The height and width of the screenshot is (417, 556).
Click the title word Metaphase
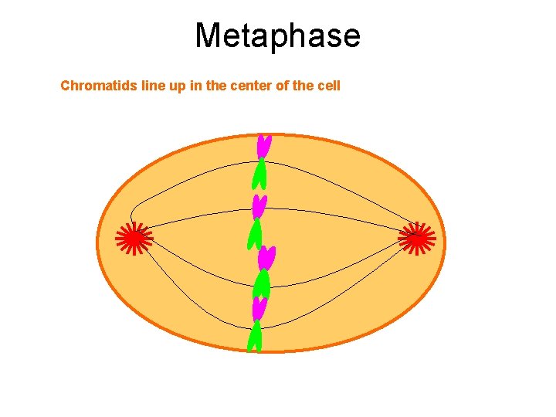[277, 36]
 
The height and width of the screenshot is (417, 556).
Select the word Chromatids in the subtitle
[100, 86]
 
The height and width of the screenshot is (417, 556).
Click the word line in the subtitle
[154, 86]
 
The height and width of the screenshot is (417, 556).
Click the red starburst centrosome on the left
[134, 239]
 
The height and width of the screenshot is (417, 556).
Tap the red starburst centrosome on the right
[416, 239]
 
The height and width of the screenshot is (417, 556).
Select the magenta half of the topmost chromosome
[263, 145]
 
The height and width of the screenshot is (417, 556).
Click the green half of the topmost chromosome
[259, 175]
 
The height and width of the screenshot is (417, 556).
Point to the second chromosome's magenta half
[259, 206]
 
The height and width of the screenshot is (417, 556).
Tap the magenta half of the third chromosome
[267, 257]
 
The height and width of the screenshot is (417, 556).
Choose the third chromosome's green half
[263, 284]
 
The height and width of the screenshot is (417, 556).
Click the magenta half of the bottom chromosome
[259, 308]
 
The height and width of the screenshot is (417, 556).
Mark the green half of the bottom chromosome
[255, 337]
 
